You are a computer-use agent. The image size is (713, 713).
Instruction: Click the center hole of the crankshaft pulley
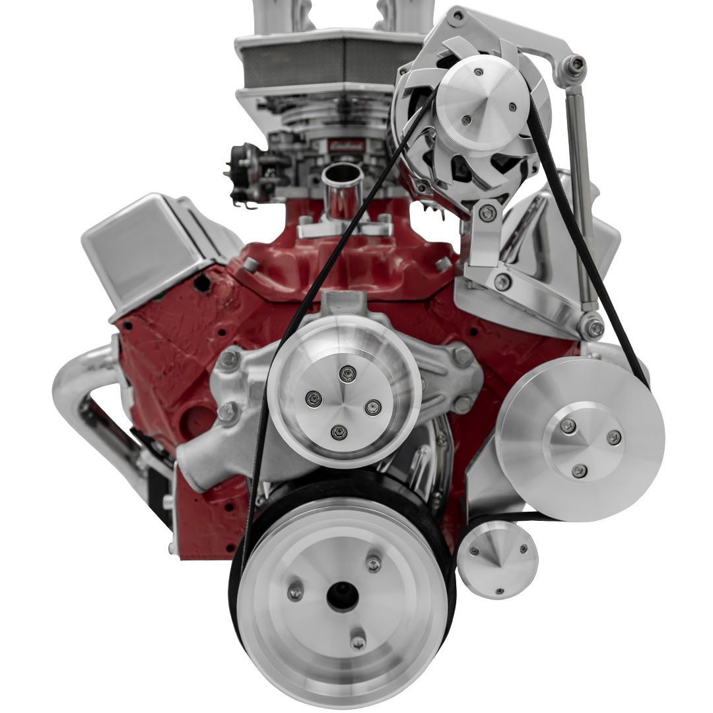click(343, 596)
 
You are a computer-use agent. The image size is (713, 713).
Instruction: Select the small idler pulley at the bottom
click(497, 560)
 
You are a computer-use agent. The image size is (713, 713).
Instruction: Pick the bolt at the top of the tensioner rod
click(577, 64)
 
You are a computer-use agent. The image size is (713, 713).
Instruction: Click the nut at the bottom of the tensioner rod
click(594, 327)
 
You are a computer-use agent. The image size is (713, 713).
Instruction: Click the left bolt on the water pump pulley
click(315, 398)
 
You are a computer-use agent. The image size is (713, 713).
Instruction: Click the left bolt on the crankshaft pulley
click(295, 592)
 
